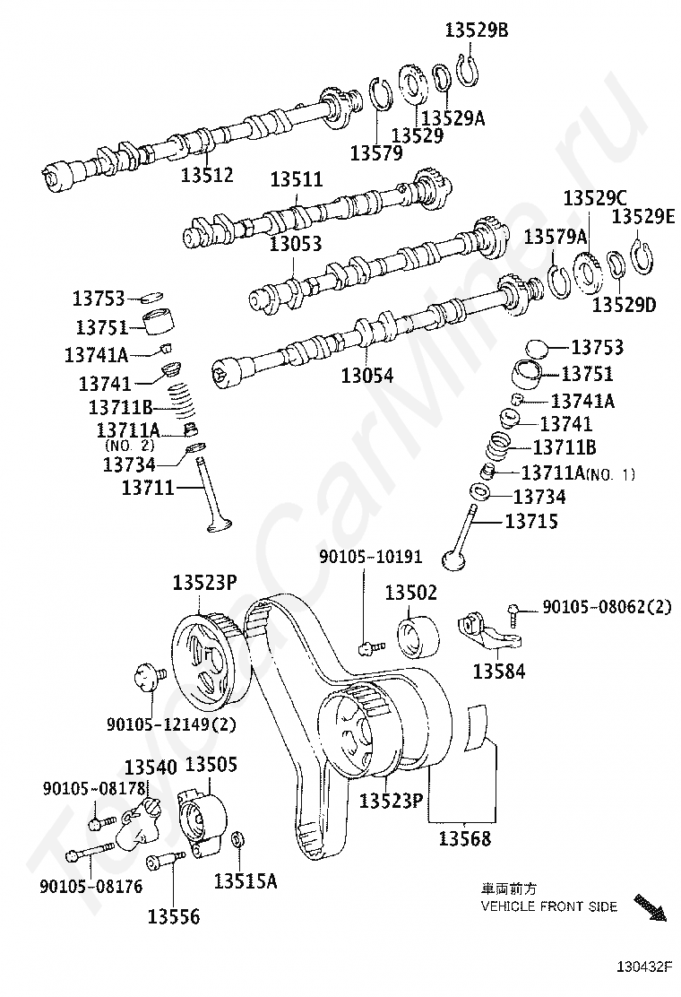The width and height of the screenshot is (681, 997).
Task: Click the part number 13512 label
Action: tap(207, 174)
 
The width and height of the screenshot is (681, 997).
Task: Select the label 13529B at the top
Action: tap(477, 30)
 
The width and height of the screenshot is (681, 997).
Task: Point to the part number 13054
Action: tap(367, 375)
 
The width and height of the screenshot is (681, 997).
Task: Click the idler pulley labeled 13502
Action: tap(418, 637)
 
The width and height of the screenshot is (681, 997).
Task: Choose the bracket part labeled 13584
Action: tap(489, 631)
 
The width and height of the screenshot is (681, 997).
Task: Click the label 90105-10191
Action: tap(370, 557)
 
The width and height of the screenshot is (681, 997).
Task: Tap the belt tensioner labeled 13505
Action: tap(201, 818)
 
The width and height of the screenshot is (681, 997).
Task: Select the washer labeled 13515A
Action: tap(239, 838)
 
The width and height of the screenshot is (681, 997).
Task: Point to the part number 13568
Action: tap(465, 838)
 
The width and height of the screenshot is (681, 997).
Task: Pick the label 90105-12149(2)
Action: tap(171, 724)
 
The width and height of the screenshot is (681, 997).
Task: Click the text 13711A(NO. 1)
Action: tap(578, 473)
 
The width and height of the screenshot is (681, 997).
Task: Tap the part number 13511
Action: tap(297, 180)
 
